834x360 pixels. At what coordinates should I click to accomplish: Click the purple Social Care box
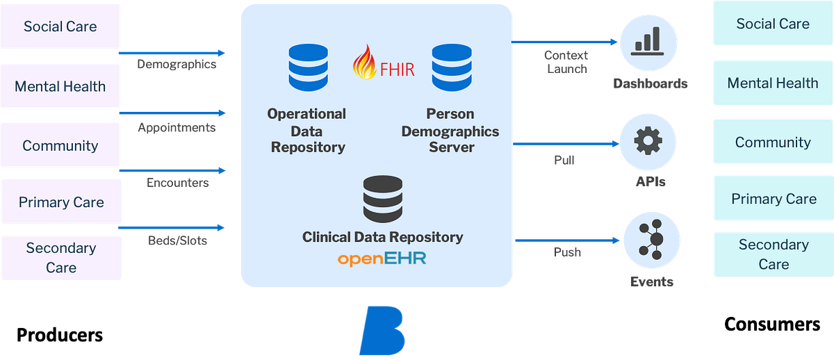tap(60, 27)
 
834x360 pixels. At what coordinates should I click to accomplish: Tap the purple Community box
tap(60, 146)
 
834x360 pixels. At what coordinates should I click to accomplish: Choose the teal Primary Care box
tap(774, 199)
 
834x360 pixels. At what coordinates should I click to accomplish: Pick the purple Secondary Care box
tap(60, 257)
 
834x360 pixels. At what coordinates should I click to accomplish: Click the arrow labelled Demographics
tap(172, 53)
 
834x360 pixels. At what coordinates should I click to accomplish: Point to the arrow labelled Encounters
tap(172, 170)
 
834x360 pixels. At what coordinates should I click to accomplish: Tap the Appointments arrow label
tap(177, 128)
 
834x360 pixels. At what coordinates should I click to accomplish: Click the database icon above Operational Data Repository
tap(307, 68)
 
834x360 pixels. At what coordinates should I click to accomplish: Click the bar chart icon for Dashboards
tap(648, 42)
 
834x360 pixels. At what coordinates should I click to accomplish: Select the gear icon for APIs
tap(648, 142)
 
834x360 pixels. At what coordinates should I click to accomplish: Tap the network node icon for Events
tap(648, 240)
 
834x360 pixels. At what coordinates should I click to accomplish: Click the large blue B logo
tap(382, 332)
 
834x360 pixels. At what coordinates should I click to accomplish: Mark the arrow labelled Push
tap(566, 240)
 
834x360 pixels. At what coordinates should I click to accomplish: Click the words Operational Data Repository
tap(307, 130)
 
